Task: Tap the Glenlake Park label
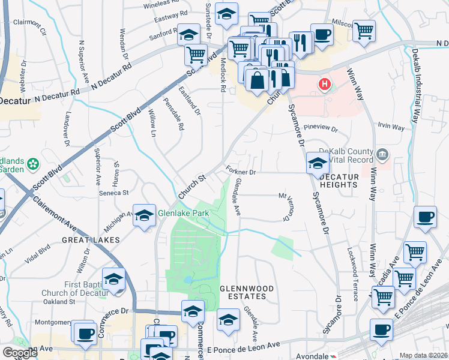click(x=183, y=213)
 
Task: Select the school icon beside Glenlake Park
click(x=145, y=216)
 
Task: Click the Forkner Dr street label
click(x=241, y=172)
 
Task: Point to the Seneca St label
click(x=113, y=193)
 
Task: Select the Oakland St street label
click(x=62, y=301)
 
